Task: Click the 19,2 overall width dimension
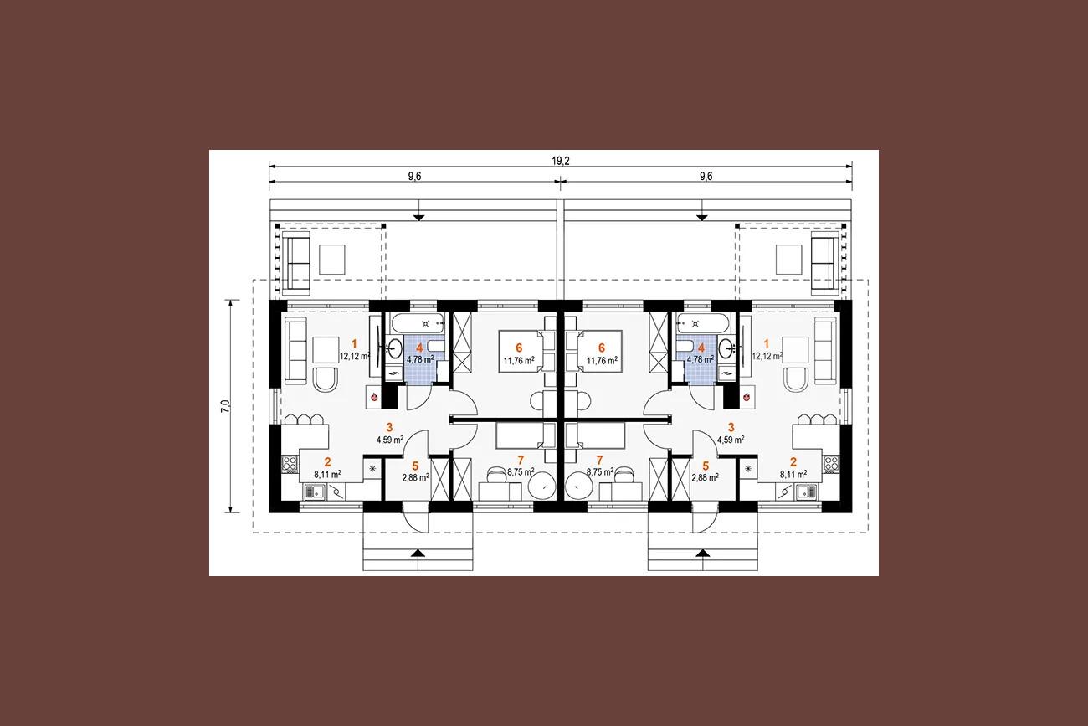[x=561, y=161]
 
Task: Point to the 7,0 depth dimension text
[x=225, y=406]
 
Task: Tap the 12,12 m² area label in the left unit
[x=355, y=356]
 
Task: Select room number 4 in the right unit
[x=701, y=348]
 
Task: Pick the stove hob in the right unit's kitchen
[x=831, y=464]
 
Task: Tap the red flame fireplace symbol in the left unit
[x=374, y=397]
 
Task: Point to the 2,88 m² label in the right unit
[x=706, y=477]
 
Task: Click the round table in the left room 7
[x=541, y=486]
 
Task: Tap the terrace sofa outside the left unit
[x=296, y=263]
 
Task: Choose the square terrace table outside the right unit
[x=788, y=260]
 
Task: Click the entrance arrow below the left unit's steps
[x=418, y=553]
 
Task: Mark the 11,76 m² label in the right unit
[x=603, y=361]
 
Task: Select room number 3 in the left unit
[x=389, y=428]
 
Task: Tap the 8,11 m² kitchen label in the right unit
[x=793, y=474]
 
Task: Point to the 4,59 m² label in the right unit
[x=731, y=440]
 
